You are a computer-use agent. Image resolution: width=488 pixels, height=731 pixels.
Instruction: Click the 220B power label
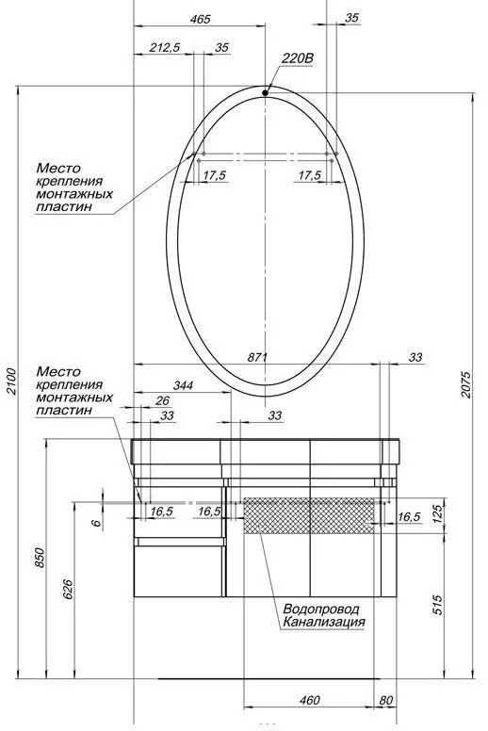(x=298, y=58)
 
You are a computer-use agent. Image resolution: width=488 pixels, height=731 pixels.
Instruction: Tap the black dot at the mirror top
(x=266, y=92)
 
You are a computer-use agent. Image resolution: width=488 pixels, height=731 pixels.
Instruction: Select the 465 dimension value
(x=201, y=19)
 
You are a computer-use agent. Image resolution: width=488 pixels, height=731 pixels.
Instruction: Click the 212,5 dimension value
(x=165, y=47)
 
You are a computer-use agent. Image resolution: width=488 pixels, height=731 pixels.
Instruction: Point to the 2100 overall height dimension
(x=11, y=382)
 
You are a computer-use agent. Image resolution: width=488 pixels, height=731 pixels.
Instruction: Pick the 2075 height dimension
(x=466, y=384)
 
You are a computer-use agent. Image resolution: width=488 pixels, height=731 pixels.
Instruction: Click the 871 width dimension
(x=257, y=357)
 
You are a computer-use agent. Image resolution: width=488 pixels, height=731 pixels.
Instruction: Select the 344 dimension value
(x=183, y=385)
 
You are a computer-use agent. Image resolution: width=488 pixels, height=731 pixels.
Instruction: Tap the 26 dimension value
(x=163, y=400)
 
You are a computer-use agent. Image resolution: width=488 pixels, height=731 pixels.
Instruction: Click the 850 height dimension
(x=40, y=558)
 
